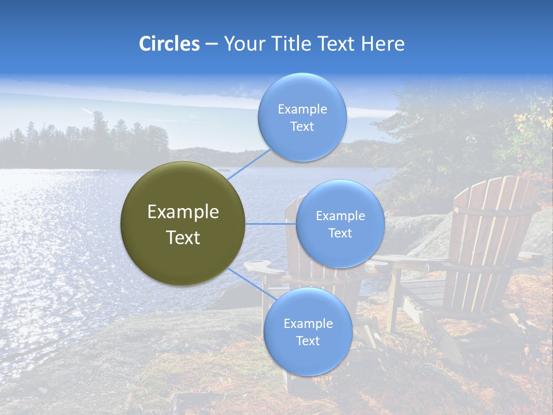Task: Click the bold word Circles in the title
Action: [x=169, y=44]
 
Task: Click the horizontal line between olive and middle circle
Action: [x=271, y=224]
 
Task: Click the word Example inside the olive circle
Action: [x=183, y=212]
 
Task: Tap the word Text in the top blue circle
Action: [x=302, y=127]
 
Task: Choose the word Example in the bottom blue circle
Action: [x=308, y=324]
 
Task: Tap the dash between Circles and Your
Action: [x=211, y=44]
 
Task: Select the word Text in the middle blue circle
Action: [x=340, y=233]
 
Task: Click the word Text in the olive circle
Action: [x=183, y=237]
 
